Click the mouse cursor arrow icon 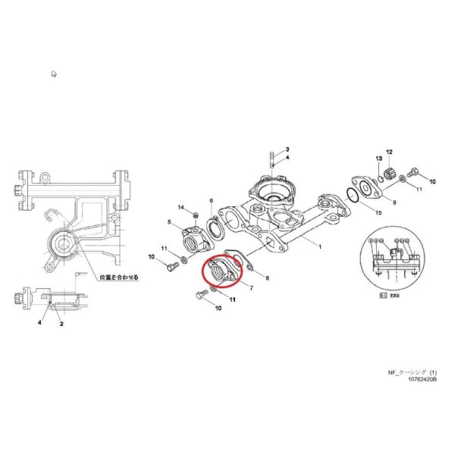[54, 74]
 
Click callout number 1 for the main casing [319, 247]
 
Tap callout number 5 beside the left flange [170, 222]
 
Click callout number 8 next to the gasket [267, 279]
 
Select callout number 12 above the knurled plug [389, 152]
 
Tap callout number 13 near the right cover [377, 158]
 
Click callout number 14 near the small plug [181, 208]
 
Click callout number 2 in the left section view [61, 323]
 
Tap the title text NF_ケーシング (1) [412, 372]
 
